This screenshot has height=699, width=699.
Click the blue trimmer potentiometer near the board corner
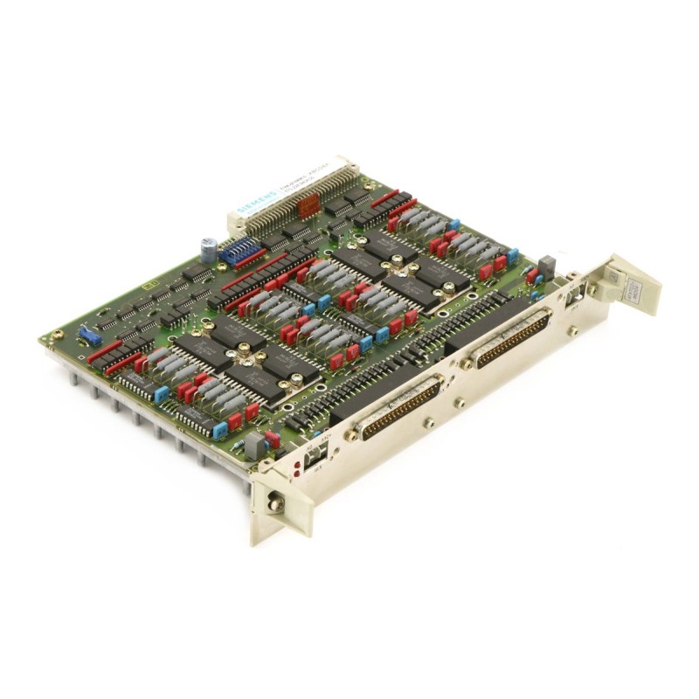pyautogui.click(x=87, y=336)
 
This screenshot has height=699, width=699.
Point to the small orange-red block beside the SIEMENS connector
pyautogui.click(x=307, y=206)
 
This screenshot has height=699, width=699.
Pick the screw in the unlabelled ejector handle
pyautogui.click(x=276, y=503)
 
